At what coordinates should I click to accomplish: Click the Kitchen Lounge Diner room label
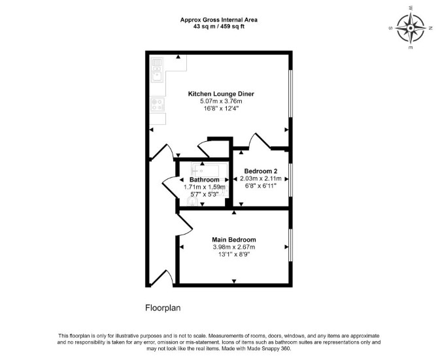(221, 94)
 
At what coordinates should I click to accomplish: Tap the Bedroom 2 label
(261, 171)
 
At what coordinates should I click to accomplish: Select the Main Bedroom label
(234, 240)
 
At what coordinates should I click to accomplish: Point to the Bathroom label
(205, 180)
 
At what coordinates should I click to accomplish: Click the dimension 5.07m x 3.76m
(221, 101)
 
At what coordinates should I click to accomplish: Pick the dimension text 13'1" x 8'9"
(234, 254)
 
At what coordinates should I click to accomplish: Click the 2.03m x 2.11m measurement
(261, 178)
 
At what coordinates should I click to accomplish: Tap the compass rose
(411, 28)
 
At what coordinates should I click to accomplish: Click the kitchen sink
(158, 74)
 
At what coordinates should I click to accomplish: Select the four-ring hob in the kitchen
(158, 105)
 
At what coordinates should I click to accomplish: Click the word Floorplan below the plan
(163, 308)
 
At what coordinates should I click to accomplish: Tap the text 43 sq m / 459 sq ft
(219, 27)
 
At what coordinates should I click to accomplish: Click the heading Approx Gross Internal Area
(219, 20)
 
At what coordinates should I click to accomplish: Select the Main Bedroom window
(290, 245)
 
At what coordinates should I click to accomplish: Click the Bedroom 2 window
(290, 180)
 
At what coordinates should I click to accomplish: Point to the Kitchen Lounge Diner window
(290, 93)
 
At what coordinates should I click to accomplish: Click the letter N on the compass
(430, 28)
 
